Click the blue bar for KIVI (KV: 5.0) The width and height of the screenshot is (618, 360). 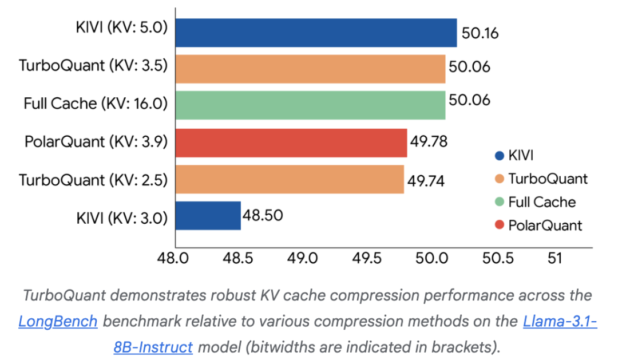tap(316, 33)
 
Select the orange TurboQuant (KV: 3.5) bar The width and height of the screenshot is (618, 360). tap(311, 69)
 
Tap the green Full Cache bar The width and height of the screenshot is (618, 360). tap(311, 105)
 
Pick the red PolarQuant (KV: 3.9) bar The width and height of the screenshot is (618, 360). tap(291, 143)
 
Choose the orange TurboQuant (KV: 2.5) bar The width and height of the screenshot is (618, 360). tap(290, 179)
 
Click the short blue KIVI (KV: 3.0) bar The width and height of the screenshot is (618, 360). tap(208, 216)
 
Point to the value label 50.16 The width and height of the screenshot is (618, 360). tap(480, 33)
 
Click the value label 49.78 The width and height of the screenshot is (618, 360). tap(429, 141)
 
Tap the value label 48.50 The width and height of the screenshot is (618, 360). tap(263, 215)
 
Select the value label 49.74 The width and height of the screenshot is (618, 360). tap(426, 181)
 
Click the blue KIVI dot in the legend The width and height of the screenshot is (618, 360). tap(500, 156)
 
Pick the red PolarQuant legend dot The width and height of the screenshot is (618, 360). tap(500, 225)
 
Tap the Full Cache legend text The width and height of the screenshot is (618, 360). tap(542, 202)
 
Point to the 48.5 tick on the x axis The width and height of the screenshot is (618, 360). tap(237, 258)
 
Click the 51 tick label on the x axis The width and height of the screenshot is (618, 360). tap(554, 258)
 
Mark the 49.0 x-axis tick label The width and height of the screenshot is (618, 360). tap(302, 258)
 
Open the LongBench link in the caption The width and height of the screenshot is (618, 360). tap(58, 322)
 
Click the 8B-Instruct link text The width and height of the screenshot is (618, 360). tap(153, 347)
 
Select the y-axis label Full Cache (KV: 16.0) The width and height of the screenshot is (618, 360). tap(96, 104)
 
